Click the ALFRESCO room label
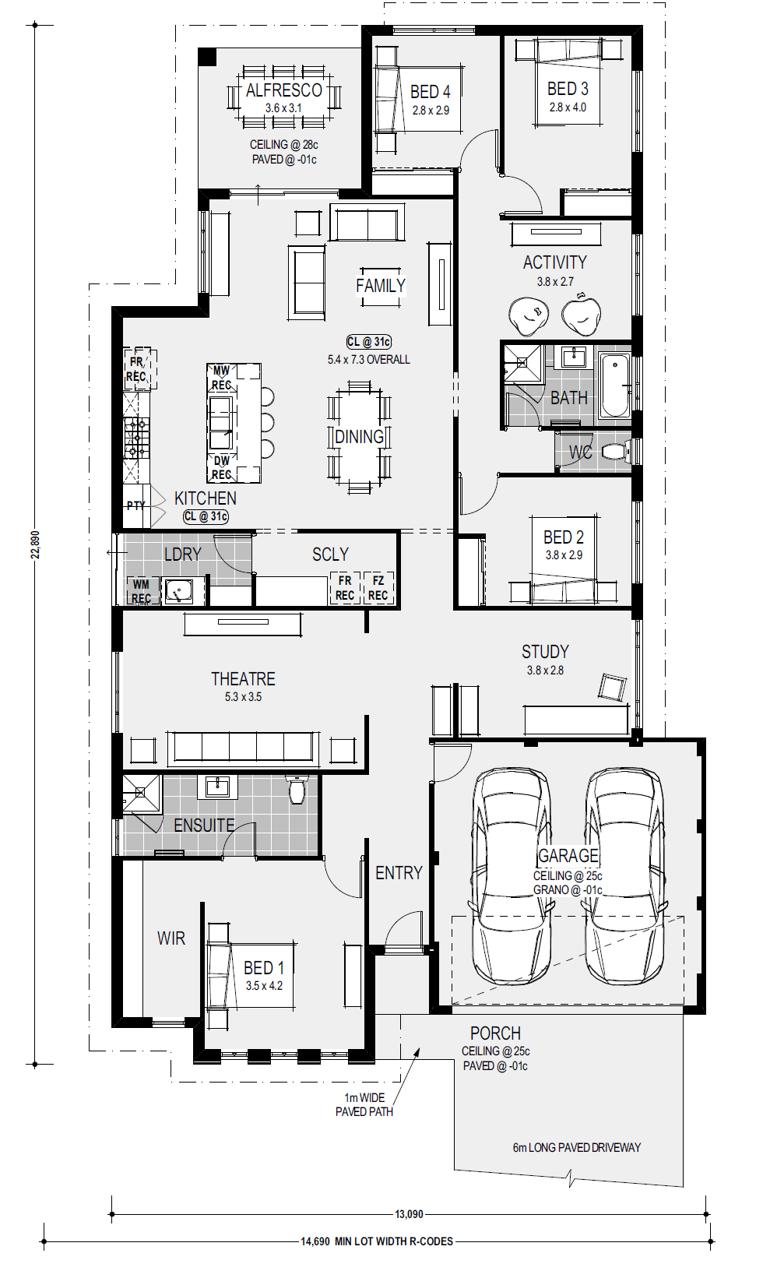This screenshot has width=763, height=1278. [x=284, y=90]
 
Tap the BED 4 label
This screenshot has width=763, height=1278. [x=430, y=91]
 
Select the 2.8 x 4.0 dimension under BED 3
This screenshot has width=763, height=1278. [x=568, y=107]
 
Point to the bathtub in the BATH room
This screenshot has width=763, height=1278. [x=615, y=385]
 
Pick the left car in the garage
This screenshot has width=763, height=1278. [x=511, y=877]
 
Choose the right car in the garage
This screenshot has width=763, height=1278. [x=624, y=877]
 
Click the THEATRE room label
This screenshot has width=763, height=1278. [x=243, y=678]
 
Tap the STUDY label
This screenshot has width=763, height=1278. [x=545, y=652]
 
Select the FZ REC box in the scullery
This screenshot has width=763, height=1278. [x=378, y=588]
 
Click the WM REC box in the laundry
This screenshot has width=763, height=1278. [x=141, y=590]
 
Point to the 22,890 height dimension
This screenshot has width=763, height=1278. [x=35, y=544]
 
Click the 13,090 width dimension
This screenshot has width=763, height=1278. [x=409, y=1214]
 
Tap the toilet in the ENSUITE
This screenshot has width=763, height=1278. [x=297, y=790]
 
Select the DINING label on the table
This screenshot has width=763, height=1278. [x=359, y=437]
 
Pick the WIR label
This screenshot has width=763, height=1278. [x=171, y=938]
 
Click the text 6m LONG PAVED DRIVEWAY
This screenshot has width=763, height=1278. [x=576, y=1147]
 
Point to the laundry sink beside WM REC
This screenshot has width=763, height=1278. [x=178, y=591]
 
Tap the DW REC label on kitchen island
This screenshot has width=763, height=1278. [x=221, y=467]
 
